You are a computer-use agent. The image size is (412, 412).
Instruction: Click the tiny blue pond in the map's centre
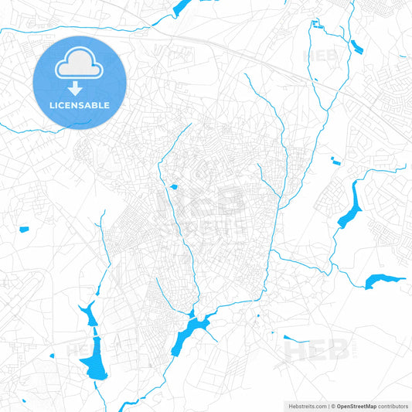pyautogui.click(x=173, y=186)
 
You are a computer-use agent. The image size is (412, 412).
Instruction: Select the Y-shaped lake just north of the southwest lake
pyautogui.click(x=85, y=313)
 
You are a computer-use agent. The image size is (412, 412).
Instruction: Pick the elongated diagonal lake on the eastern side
pyautogui.click(x=350, y=207)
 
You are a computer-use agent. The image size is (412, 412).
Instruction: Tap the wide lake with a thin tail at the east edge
pyautogui.click(x=383, y=281)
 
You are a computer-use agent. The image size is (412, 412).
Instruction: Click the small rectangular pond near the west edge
pyautogui.click(x=23, y=229)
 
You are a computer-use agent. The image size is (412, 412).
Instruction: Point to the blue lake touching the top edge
pyautogui.click(x=182, y=8)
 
